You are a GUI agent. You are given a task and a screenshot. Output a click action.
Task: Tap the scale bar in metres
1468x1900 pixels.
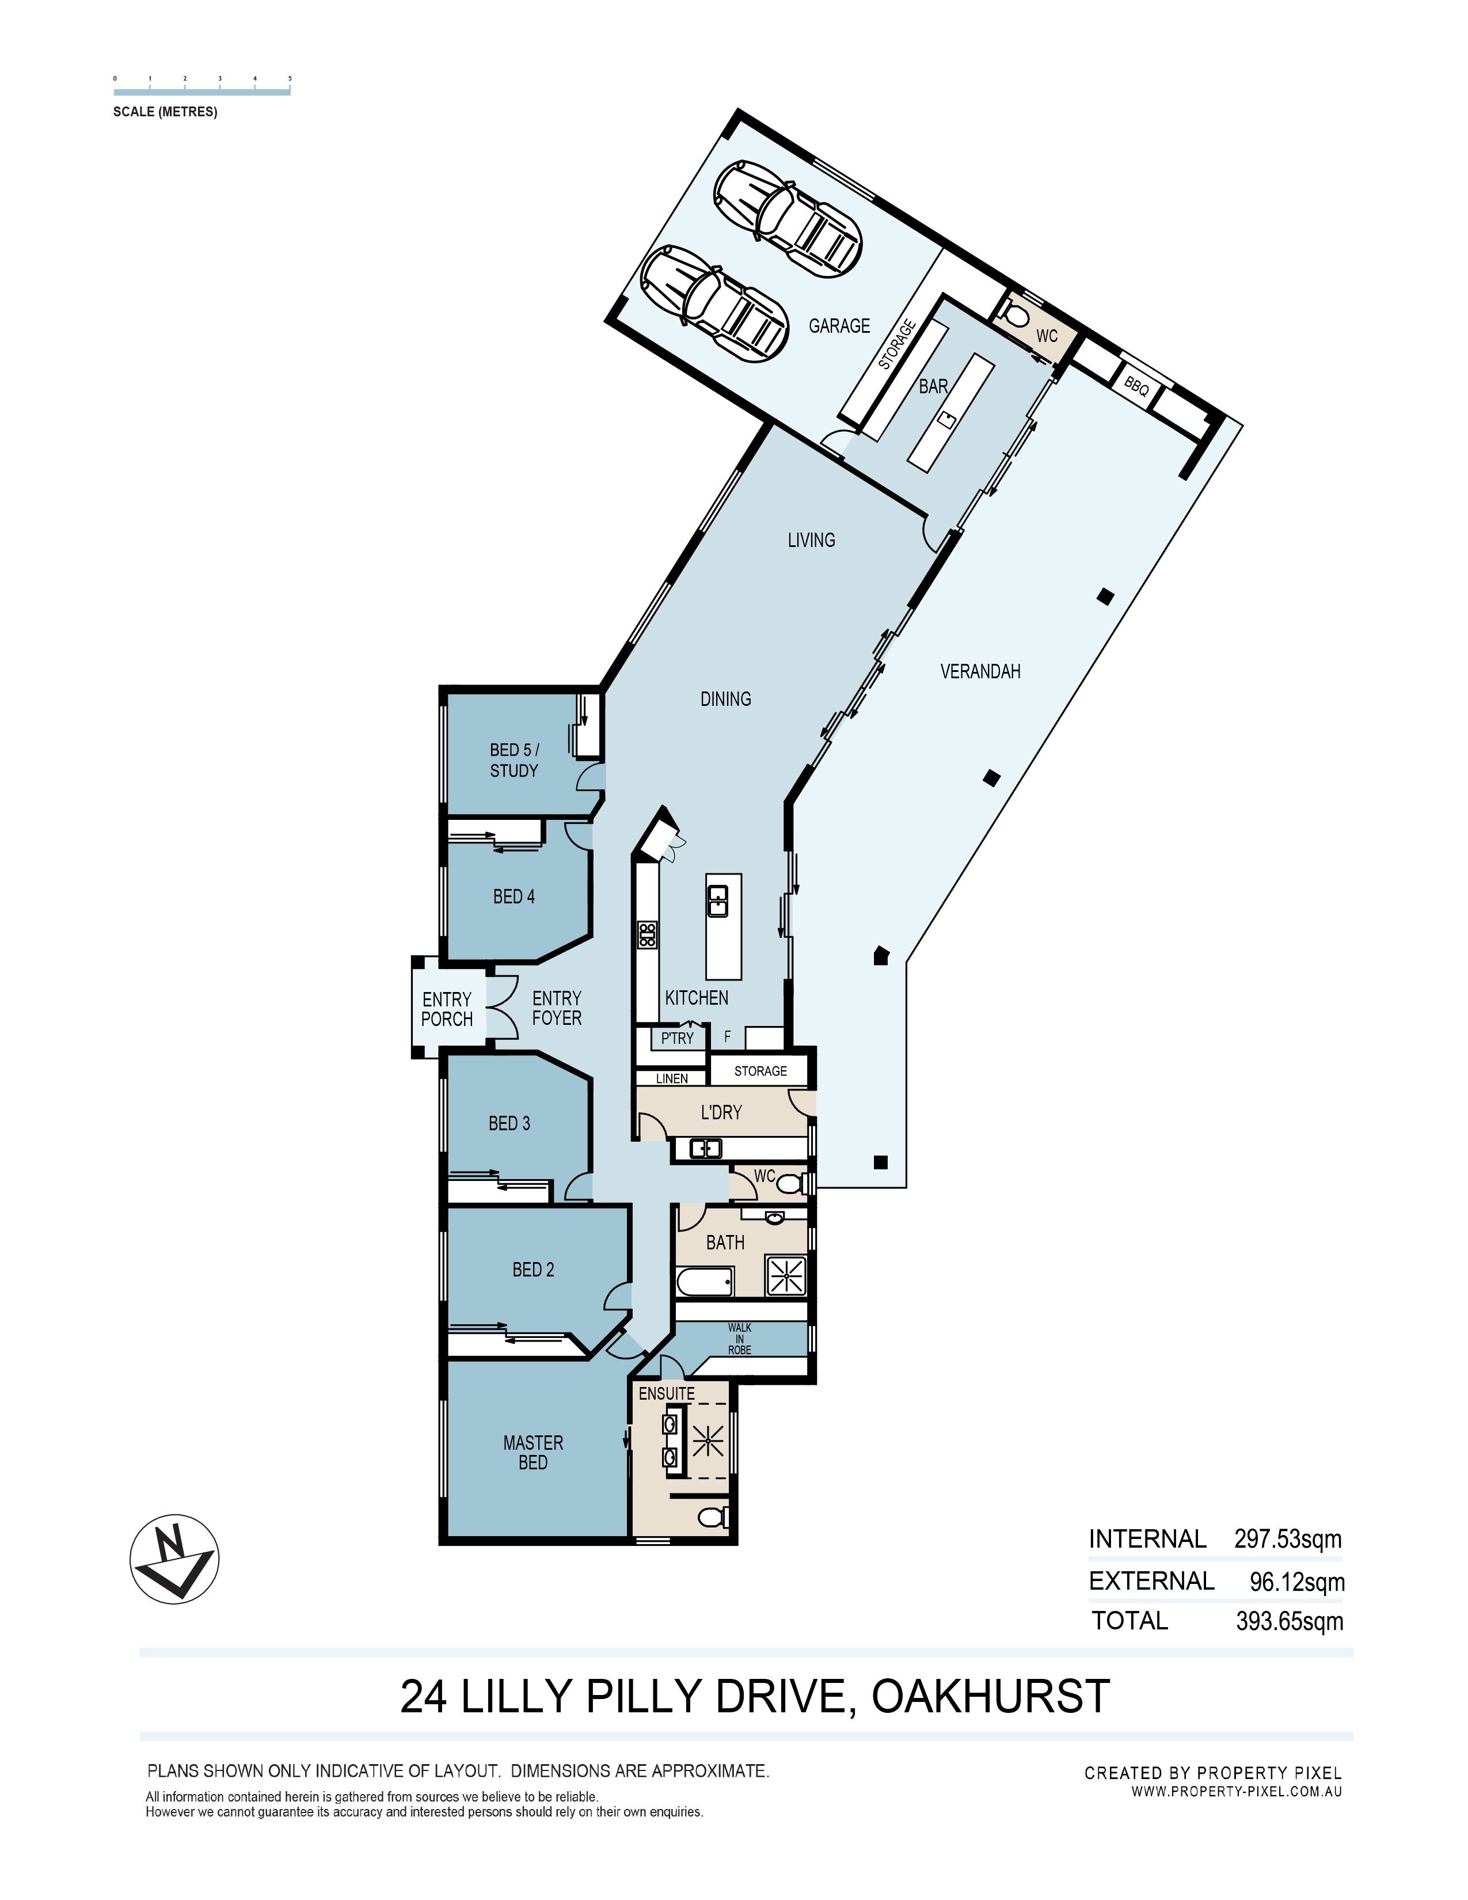pos(201,90)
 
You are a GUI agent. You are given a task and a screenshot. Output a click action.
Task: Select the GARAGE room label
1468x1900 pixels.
pos(839,325)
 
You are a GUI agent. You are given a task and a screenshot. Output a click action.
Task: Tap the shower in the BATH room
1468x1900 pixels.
pos(786,1275)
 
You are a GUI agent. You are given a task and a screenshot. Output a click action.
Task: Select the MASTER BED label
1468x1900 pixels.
pos(533,1452)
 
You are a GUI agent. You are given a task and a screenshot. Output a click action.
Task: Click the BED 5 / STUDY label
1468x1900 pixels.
pos(514,759)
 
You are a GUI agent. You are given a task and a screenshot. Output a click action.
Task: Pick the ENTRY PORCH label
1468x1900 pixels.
pos(447,1008)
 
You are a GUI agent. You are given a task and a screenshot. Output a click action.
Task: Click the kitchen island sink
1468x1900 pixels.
pos(717,900)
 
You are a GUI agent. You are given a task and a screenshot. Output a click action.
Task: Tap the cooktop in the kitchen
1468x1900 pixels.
pos(647,934)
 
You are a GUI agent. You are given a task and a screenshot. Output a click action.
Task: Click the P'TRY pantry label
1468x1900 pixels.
pos(678,1038)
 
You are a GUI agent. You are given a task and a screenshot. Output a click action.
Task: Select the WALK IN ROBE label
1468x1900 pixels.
pos(740,1339)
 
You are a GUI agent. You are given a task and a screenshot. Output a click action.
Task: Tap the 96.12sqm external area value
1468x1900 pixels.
pos(1296,1580)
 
